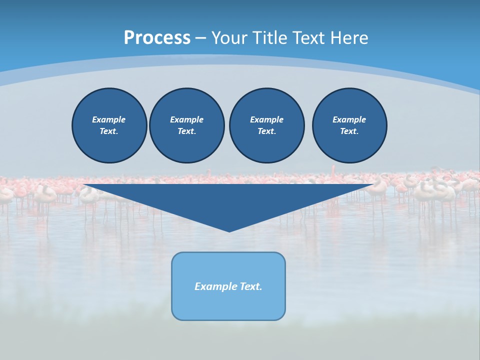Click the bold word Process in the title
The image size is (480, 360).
pyautogui.click(x=157, y=38)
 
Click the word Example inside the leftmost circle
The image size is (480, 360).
pyautogui.click(x=109, y=119)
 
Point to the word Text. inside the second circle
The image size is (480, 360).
pyautogui.click(x=187, y=131)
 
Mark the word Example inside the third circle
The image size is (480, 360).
pyautogui.click(x=266, y=119)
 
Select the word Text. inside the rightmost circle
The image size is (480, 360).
pyautogui.click(x=349, y=131)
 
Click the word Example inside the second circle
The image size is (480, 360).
pyautogui.click(x=186, y=119)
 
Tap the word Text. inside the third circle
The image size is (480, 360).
pyautogui.click(x=267, y=131)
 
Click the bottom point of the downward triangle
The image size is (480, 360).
pyautogui.click(x=229, y=230)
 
